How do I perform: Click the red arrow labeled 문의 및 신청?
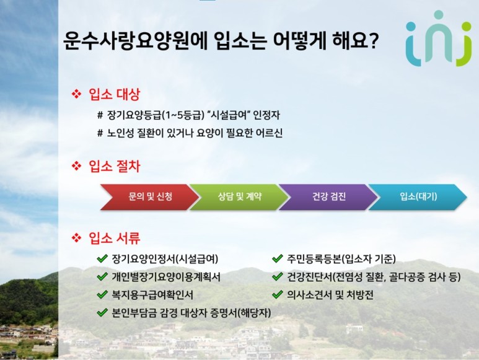coord(150,197)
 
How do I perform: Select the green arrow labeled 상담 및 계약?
coord(239,197)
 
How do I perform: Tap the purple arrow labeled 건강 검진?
coord(328,197)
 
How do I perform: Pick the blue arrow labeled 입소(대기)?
coord(418,197)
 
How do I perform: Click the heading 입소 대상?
coord(114,94)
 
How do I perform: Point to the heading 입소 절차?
coord(114,167)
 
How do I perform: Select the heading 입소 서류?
coord(114,238)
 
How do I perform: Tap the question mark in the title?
coord(373,41)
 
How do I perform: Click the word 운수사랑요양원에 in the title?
coord(135,41)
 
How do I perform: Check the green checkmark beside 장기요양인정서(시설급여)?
coord(102,259)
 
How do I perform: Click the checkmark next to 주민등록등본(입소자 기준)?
coord(277,259)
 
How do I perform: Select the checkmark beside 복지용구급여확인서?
coord(102,295)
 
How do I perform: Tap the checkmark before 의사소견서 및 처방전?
coord(277,295)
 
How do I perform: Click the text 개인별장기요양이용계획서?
coord(166,277)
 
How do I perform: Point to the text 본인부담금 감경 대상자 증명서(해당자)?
coord(191,313)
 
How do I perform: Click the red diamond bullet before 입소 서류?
coord(76,238)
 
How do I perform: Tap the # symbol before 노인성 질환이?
coord(100,133)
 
